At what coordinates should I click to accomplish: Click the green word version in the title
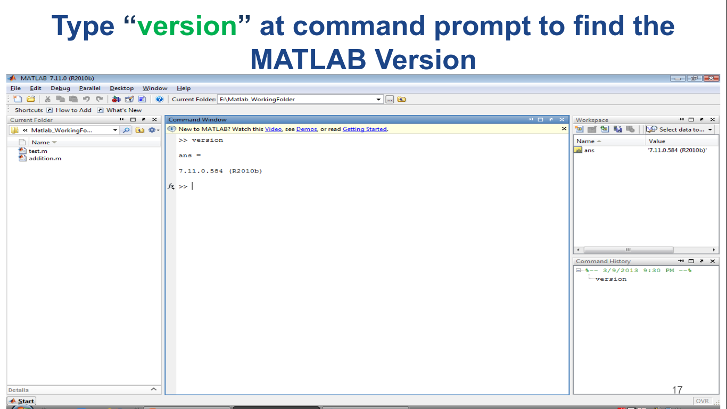click(187, 26)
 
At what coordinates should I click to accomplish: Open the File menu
click(15, 88)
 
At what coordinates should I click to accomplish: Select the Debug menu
click(60, 88)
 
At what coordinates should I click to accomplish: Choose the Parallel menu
click(89, 88)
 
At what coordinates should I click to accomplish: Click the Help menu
click(184, 88)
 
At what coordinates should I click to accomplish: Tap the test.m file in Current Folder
click(38, 151)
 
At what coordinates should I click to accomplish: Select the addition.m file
click(45, 159)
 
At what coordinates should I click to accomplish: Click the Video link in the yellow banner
click(273, 129)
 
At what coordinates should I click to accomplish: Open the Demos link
click(307, 129)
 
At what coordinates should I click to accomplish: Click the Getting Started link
click(365, 129)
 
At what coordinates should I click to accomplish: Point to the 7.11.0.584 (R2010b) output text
click(220, 171)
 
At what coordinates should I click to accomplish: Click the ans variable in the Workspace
click(589, 150)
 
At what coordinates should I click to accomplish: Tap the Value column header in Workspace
click(657, 141)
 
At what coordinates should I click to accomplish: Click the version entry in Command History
click(611, 279)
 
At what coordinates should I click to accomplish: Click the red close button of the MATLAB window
click(711, 78)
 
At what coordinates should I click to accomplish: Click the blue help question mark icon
click(159, 100)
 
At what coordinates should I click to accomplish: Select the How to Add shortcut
click(73, 110)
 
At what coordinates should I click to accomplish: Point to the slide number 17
click(678, 390)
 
